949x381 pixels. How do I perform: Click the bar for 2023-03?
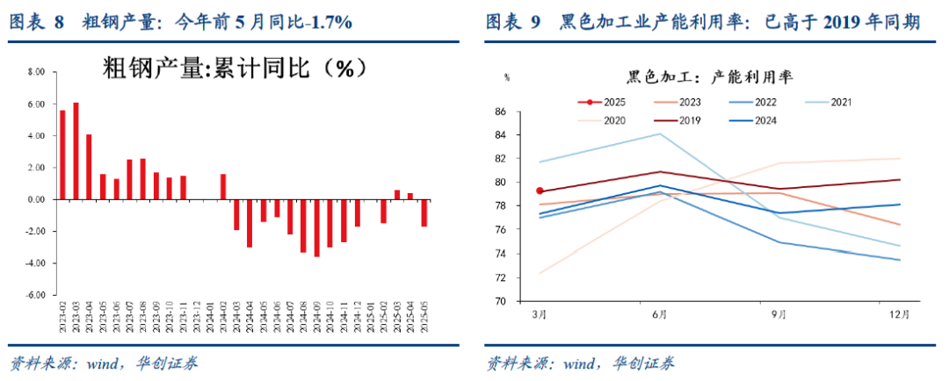point(76,151)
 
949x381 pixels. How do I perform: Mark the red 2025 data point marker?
point(540,190)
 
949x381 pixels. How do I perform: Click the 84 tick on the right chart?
point(500,135)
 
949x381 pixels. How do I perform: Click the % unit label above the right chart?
point(507,76)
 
